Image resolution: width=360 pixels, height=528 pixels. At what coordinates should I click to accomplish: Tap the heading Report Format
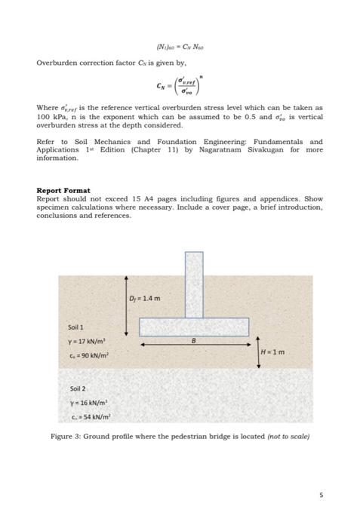(63, 190)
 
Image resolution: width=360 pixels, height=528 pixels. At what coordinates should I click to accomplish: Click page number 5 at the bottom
(319, 496)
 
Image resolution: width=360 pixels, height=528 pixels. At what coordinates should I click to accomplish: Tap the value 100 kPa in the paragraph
(49, 118)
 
